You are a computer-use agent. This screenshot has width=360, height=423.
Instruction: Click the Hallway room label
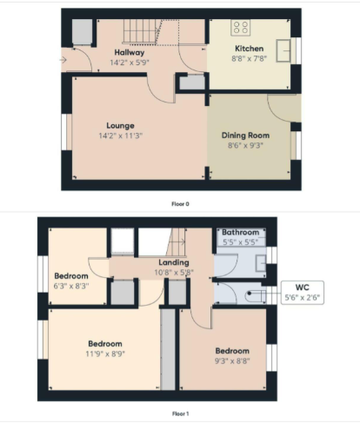click(130, 52)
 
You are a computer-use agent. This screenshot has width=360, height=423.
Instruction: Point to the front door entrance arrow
click(63, 60)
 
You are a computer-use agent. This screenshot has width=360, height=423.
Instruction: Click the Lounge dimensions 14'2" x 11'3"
click(121, 135)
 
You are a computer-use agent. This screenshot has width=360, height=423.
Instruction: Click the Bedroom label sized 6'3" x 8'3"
click(72, 275)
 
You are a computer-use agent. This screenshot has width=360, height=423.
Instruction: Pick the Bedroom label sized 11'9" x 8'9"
click(104, 344)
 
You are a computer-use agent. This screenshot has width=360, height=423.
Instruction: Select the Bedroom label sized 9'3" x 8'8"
click(232, 351)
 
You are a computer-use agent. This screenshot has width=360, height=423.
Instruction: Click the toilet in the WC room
click(255, 295)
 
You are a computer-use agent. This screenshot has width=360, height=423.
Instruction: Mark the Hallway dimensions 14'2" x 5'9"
click(130, 62)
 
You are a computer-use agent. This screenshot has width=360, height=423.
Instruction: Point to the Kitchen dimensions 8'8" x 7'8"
click(250, 57)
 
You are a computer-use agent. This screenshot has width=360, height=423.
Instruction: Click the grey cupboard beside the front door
click(82, 32)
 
